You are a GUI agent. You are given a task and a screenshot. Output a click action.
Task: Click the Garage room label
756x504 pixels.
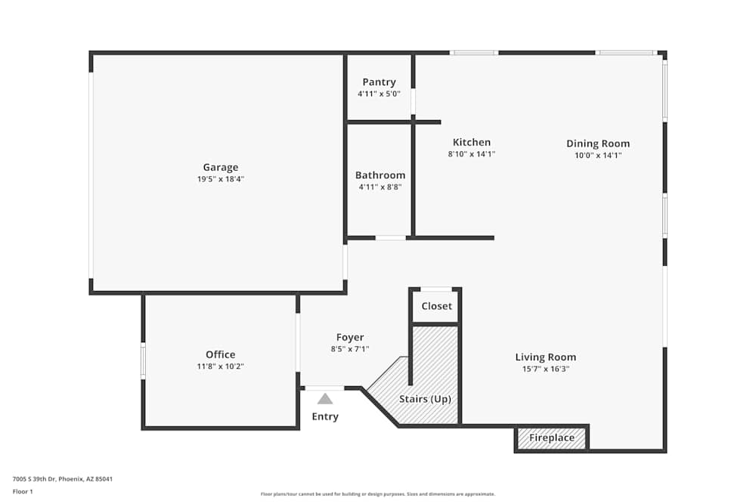click(220, 168)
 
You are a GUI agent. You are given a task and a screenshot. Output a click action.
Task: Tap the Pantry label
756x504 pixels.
click(379, 82)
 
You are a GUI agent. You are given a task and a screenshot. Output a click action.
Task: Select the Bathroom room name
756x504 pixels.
click(380, 175)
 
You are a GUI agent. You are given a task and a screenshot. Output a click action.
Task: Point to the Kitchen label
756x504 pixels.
click(472, 142)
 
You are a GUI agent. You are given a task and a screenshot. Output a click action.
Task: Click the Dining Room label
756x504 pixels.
click(598, 144)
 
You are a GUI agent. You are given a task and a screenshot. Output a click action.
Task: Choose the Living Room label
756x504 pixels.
click(545, 357)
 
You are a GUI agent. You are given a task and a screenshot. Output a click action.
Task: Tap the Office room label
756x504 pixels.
click(220, 354)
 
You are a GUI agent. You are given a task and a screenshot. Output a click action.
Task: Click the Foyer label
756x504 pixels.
click(350, 338)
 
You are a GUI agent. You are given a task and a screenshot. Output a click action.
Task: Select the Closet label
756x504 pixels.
click(436, 306)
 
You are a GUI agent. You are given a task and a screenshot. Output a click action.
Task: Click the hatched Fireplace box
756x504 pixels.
click(552, 438)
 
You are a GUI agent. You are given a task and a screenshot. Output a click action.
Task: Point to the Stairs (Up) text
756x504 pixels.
click(425, 399)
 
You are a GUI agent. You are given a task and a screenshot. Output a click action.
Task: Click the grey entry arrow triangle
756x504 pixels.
click(325, 398)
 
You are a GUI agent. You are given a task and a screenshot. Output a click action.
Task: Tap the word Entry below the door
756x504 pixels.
click(325, 416)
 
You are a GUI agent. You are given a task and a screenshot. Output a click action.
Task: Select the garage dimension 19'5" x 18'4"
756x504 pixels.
click(220, 180)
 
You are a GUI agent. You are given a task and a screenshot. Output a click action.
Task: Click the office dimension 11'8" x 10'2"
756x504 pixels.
click(220, 366)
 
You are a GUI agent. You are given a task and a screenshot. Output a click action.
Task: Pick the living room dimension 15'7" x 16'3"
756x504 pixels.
click(545, 369)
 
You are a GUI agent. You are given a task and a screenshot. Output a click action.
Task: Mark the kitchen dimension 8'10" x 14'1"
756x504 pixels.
click(472, 154)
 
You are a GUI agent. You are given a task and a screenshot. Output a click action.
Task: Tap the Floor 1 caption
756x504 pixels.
click(23, 491)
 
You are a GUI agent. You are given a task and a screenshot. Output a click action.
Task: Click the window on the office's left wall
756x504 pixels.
click(143, 361)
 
